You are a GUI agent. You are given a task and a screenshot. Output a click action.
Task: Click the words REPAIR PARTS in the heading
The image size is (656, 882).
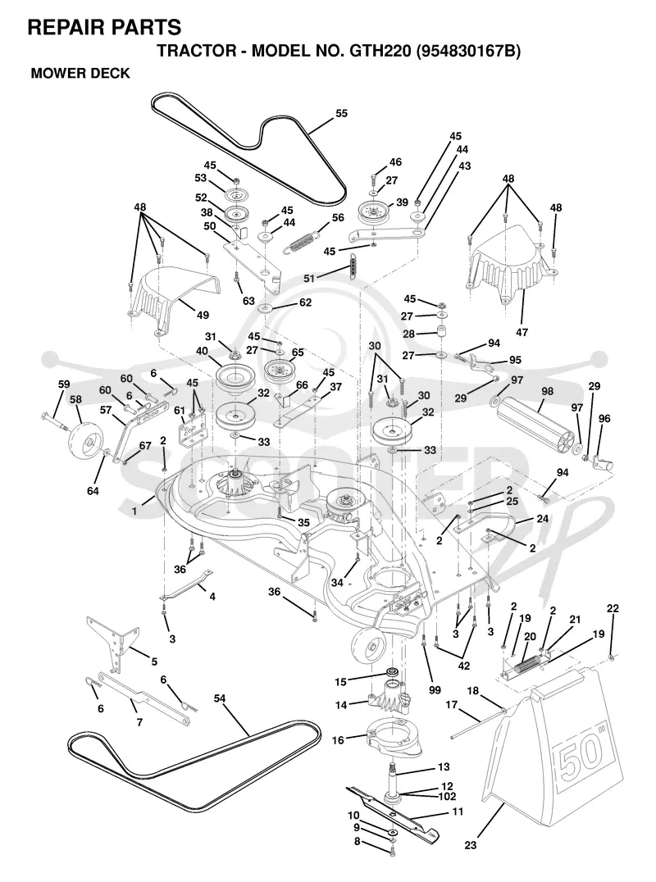point(104,27)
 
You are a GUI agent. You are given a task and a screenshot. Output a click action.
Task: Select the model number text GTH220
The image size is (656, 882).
point(380,51)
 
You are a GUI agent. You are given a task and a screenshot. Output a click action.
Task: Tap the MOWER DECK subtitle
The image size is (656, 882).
point(80,73)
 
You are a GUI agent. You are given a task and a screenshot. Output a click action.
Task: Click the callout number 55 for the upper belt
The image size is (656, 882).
point(341,113)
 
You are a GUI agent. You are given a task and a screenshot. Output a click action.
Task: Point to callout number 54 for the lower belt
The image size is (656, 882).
point(220,698)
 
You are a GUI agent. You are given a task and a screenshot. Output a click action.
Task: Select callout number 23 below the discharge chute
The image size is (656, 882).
point(471,845)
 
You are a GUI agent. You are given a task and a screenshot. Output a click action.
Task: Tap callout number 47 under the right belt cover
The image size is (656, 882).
point(522,333)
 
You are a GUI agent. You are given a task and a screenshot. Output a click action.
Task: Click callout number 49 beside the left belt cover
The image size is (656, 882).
point(203,315)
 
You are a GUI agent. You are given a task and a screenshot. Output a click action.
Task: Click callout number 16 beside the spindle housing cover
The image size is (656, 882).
point(338,740)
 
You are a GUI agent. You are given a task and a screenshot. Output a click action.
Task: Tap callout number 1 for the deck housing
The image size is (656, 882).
point(134,511)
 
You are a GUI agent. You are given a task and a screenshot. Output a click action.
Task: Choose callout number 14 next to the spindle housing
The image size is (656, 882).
point(341,704)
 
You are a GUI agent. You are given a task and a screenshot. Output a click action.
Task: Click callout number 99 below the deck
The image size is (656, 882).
point(435,689)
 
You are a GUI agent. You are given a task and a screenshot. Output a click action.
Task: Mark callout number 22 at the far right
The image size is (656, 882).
point(613,608)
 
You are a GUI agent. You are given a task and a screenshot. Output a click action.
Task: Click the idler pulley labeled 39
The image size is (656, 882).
point(374,214)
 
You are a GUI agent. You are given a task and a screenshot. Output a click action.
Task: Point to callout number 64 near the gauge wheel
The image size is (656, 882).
point(93,491)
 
